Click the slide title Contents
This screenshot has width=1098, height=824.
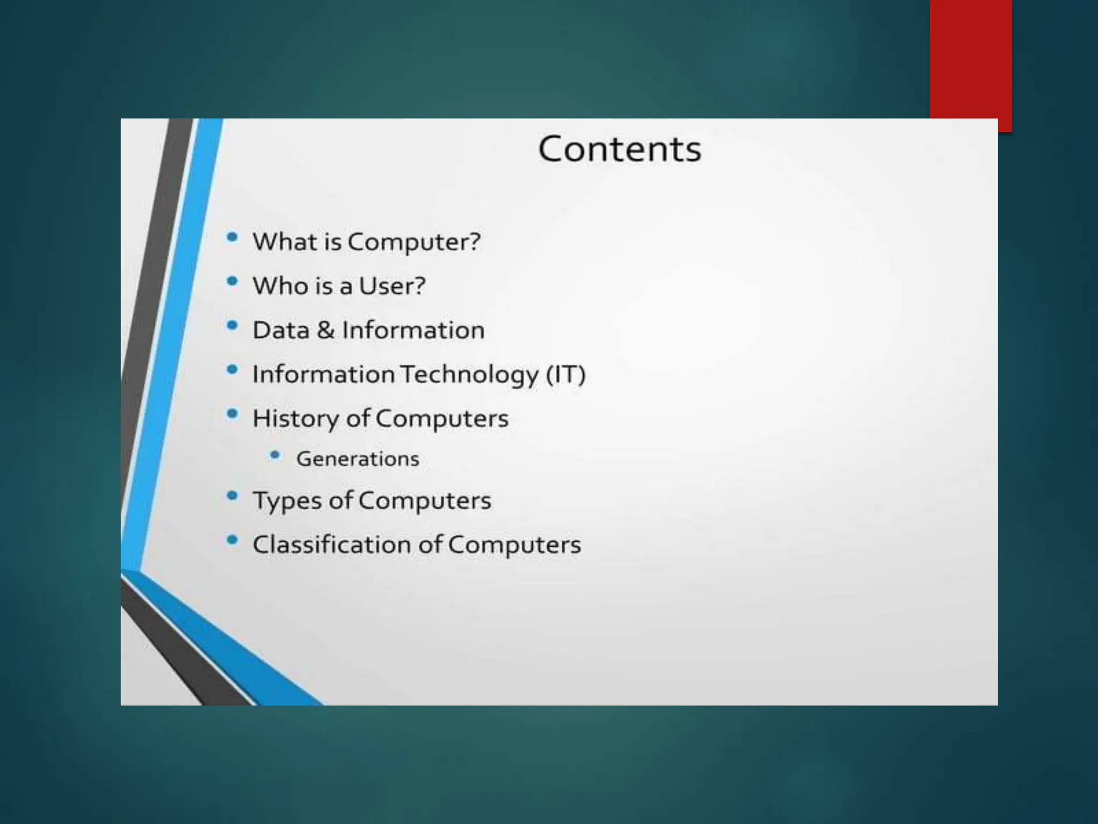619,149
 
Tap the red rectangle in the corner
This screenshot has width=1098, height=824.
970,59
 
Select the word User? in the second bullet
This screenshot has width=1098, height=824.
392,286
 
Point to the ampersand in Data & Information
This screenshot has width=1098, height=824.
325,330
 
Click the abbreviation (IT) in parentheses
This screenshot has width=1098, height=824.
566,374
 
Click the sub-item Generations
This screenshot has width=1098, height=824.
358,459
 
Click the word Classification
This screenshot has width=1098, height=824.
332,545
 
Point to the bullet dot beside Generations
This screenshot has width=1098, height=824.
275,455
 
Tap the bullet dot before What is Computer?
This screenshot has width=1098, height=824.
232,237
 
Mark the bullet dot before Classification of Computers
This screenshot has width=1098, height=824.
232,540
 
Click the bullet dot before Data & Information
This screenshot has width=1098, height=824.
232,325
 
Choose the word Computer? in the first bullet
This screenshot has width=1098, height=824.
414,242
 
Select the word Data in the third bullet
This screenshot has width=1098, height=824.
281,330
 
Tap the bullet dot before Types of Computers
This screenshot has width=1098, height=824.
232,496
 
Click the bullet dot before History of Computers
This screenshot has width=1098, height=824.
232,414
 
